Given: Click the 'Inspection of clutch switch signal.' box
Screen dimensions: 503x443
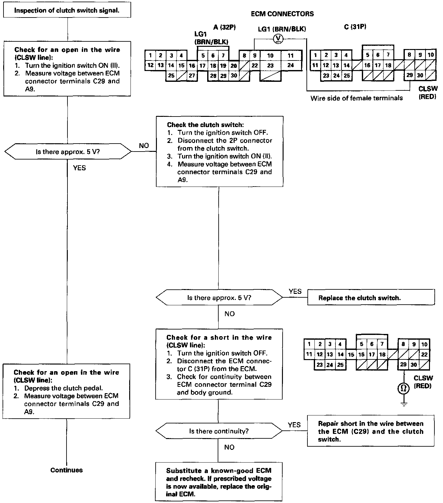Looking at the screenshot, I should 67,10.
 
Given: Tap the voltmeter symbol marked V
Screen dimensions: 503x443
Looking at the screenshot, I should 278,39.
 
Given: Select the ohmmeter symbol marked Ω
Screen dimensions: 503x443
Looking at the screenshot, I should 404,388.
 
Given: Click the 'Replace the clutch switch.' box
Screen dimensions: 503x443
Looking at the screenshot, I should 371,298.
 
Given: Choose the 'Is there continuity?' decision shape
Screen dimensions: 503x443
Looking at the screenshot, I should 219,431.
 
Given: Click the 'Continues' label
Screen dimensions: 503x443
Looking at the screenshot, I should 67,470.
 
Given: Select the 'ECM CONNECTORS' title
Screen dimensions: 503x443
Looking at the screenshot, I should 282,14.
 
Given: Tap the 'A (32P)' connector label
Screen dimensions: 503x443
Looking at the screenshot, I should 224,27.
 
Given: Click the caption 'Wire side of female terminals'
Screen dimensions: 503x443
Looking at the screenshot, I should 356,98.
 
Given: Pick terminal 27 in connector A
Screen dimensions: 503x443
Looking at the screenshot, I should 192,75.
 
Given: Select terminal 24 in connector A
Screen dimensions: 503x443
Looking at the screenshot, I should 291,65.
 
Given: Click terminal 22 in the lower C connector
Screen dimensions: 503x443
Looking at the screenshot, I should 424,354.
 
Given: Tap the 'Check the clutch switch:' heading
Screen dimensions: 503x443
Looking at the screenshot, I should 206,125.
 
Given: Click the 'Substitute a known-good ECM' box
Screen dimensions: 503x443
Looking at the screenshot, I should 219,482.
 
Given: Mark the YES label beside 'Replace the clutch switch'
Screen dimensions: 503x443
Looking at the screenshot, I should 295,291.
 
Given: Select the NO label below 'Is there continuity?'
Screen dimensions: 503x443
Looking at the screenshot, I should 229,447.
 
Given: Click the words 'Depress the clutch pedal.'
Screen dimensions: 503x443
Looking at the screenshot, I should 63,388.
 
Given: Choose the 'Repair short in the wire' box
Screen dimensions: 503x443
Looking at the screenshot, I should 371,431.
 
